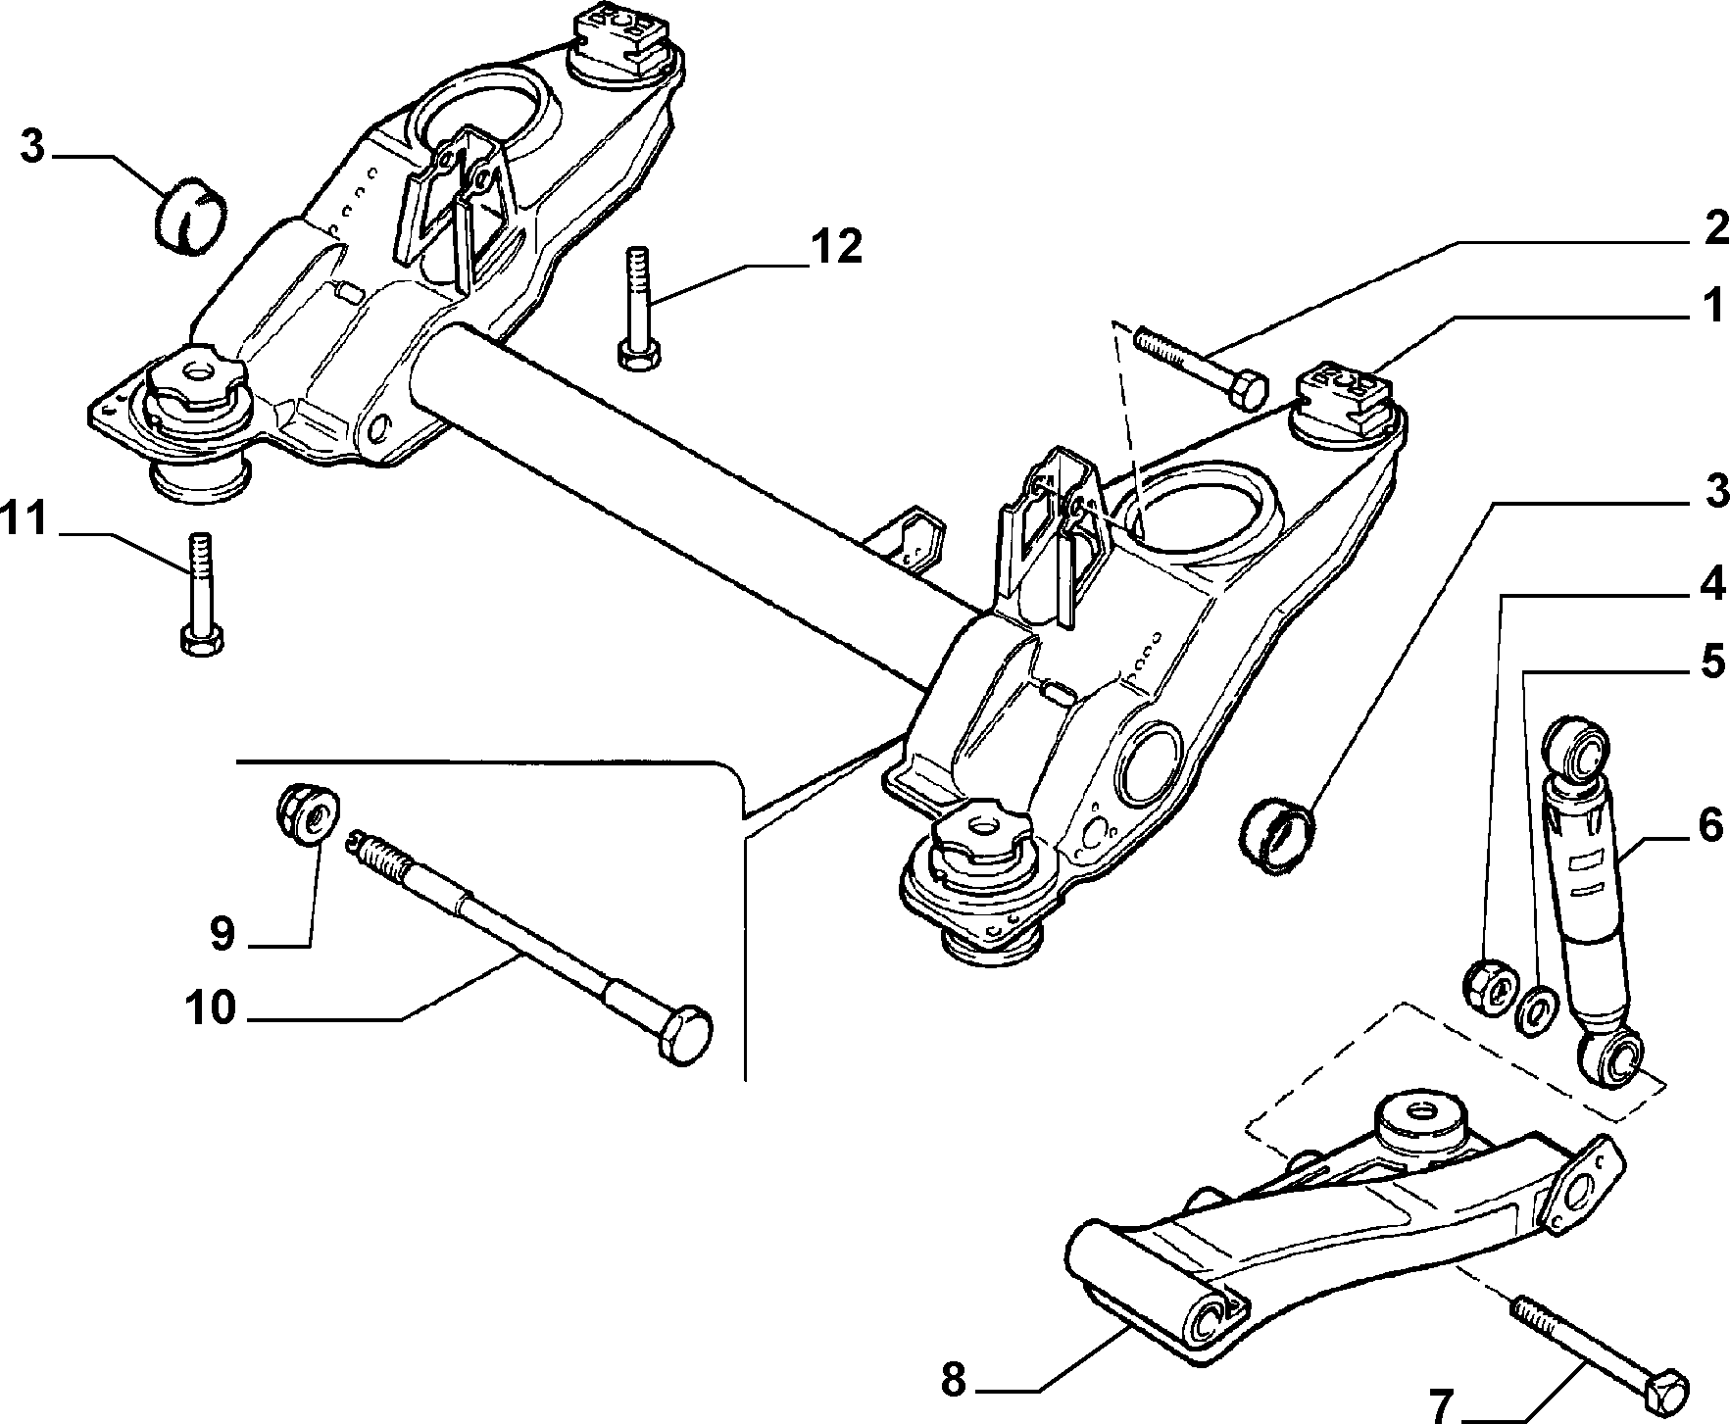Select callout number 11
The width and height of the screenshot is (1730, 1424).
coord(24,518)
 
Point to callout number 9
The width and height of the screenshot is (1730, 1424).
coord(223,934)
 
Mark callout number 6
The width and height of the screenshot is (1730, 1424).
coord(1709,826)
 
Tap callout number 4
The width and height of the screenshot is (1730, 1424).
coord(1711,585)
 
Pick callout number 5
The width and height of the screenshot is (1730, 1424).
coord(1711,663)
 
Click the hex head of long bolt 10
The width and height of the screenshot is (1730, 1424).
coord(685,1033)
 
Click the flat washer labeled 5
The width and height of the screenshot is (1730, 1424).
coord(1536,1010)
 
